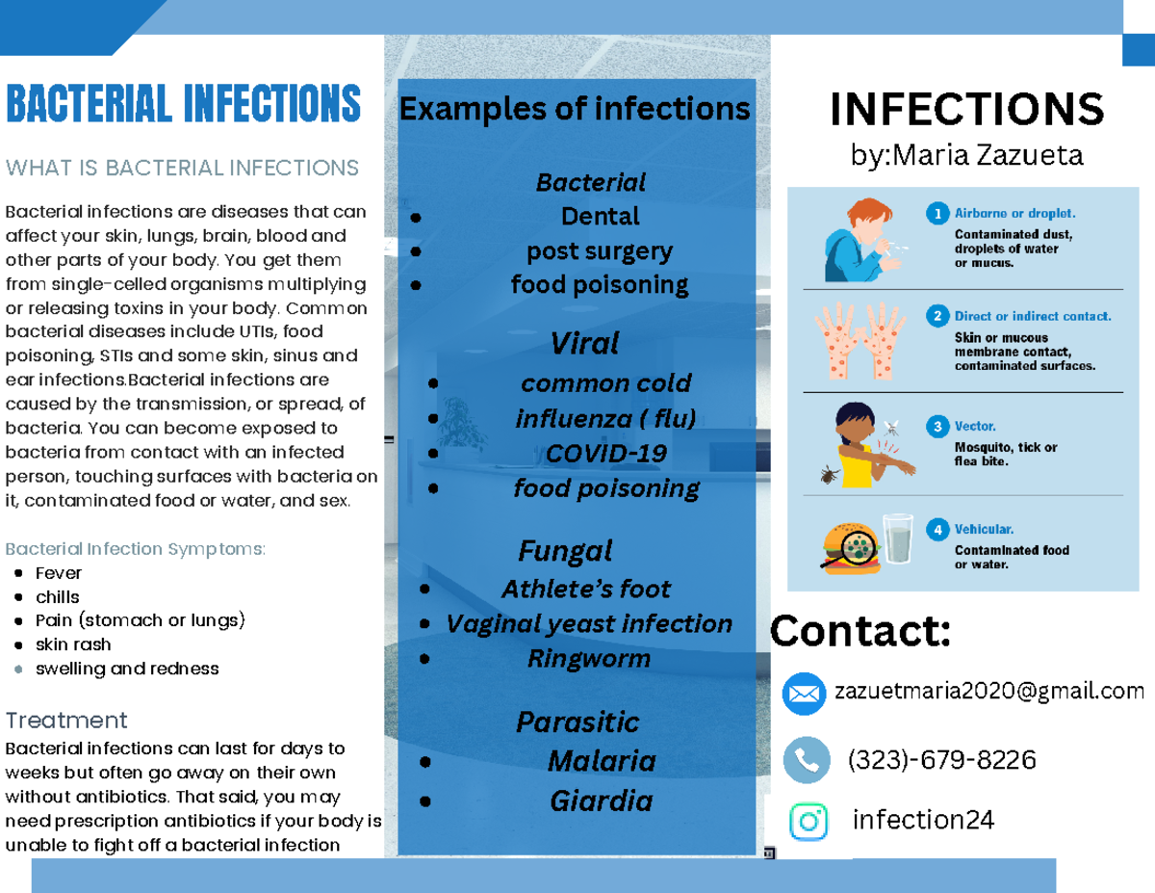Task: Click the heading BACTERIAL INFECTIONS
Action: point(183,104)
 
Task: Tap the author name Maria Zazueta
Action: point(966,156)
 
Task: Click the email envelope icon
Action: point(805,694)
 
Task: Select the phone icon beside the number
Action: point(806,761)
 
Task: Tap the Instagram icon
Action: point(808,821)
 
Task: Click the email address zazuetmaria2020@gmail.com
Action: point(989,691)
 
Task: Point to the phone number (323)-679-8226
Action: point(941,761)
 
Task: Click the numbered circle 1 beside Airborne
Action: point(937,213)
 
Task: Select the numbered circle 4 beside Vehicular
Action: point(937,529)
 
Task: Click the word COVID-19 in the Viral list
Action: point(605,453)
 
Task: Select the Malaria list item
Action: point(602,761)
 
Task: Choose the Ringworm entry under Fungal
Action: point(589,659)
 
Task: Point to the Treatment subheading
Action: point(66,721)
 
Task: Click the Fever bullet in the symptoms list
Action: point(58,573)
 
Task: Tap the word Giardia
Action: point(602,801)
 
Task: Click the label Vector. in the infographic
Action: point(975,425)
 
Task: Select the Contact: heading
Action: point(860,632)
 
